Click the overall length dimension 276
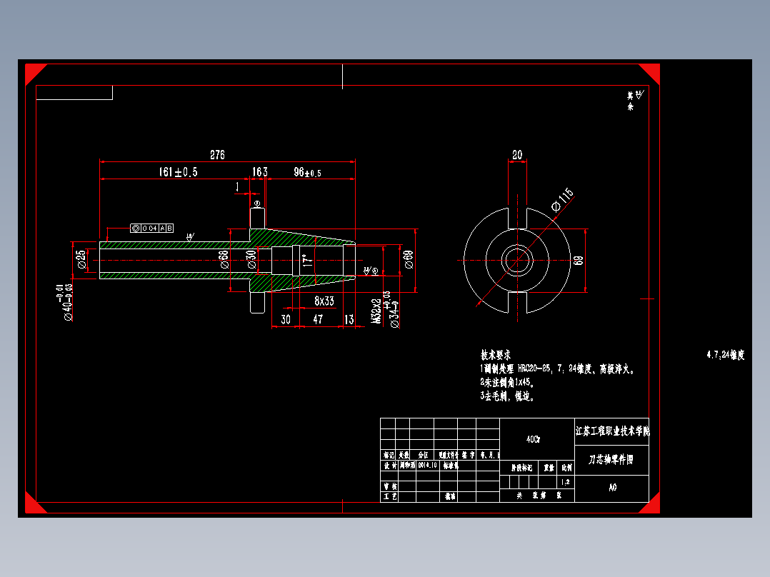217,155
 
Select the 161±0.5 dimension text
178,172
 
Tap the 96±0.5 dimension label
307,172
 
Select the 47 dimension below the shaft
318,319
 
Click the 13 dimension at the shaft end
349,319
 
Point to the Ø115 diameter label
562,199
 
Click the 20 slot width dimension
516,155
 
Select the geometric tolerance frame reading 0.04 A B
151,228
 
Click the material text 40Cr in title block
533,440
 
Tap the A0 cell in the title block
612,488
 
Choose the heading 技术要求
496,355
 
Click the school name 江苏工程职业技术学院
612,431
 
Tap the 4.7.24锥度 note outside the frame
725,355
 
